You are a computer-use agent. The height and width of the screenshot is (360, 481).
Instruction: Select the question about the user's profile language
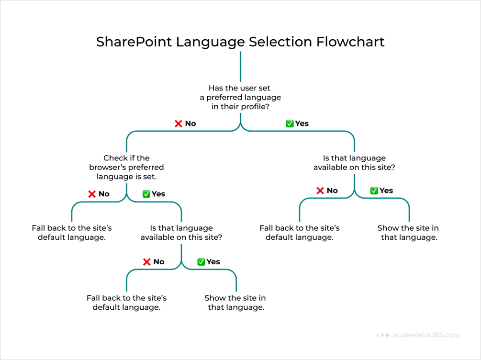tap(240, 97)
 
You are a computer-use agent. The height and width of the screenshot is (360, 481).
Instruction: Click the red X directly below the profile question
tap(179, 124)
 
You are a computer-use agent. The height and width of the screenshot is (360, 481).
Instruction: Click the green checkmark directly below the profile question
tap(290, 124)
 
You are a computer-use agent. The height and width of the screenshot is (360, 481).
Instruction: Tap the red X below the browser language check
tap(92, 194)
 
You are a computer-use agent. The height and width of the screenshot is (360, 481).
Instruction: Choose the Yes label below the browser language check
tap(158, 194)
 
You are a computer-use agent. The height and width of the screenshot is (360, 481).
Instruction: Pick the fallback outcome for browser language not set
tap(72, 233)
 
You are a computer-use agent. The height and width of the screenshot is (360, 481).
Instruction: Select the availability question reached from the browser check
tap(181, 233)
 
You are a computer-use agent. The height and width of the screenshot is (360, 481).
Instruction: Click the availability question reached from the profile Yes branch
tap(354, 163)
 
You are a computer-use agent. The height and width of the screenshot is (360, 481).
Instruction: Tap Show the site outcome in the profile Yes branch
tap(408, 233)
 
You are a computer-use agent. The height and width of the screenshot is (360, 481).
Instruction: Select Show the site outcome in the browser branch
tap(235, 303)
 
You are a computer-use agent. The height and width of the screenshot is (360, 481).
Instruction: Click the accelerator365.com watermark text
tap(426, 335)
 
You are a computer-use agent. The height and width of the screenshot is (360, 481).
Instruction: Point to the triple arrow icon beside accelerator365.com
tap(383, 335)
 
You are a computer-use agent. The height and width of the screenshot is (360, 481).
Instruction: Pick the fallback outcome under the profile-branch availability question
tap(300, 233)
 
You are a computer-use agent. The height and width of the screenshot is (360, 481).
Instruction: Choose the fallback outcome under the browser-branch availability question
tap(126, 303)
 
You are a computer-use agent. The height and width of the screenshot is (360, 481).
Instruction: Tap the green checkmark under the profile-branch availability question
tap(374, 191)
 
